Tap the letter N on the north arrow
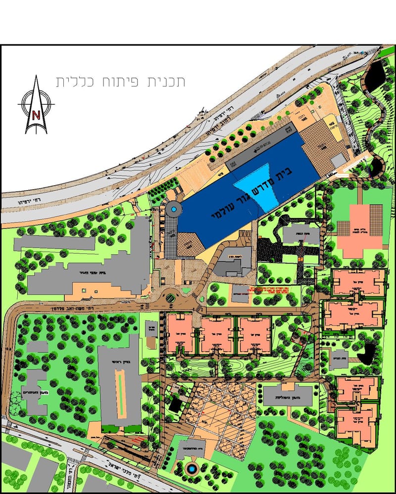click(x=36, y=115)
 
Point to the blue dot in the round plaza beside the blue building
click(x=174, y=210)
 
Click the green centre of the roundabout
click(x=170, y=298)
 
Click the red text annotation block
click(x=270, y=289)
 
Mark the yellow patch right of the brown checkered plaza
click(x=335, y=132)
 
